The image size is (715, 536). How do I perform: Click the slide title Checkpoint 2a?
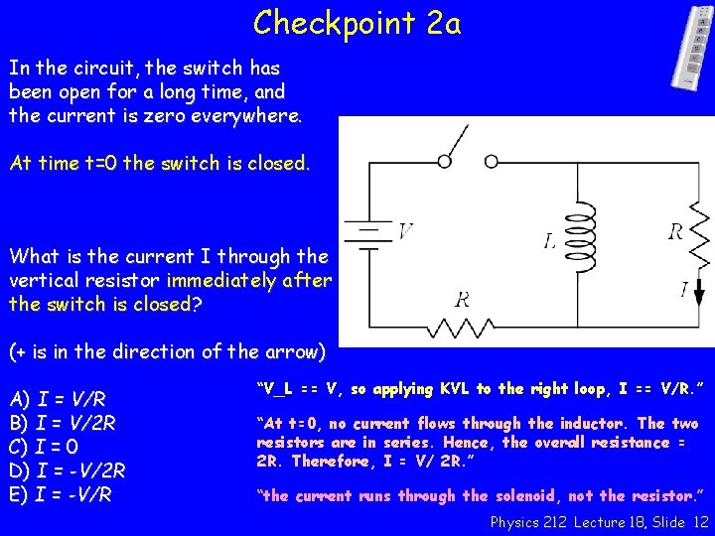357,21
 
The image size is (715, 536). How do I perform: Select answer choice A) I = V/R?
58,400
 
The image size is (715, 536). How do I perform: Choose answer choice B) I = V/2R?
63,422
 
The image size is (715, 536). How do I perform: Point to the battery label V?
405,232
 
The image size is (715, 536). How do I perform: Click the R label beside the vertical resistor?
675,232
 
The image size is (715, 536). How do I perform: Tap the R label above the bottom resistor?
462,300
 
